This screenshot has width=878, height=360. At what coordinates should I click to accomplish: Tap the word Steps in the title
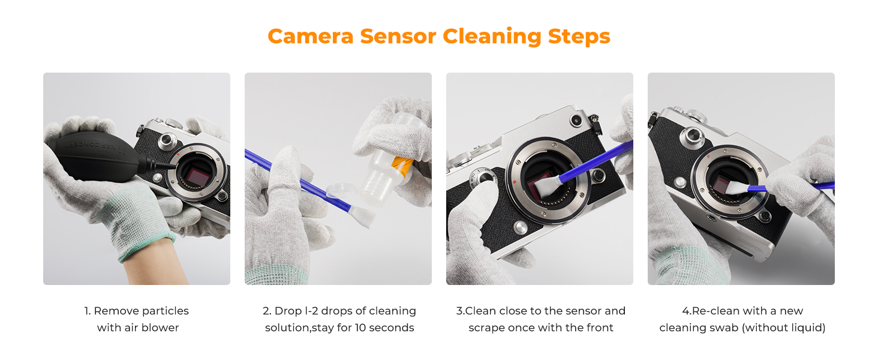click(579, 37)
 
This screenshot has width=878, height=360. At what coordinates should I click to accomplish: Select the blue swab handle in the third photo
click(594, 160)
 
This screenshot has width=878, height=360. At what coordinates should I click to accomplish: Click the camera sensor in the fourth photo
click(725, 181)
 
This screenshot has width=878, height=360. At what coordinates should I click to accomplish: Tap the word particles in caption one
click(165, 311)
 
